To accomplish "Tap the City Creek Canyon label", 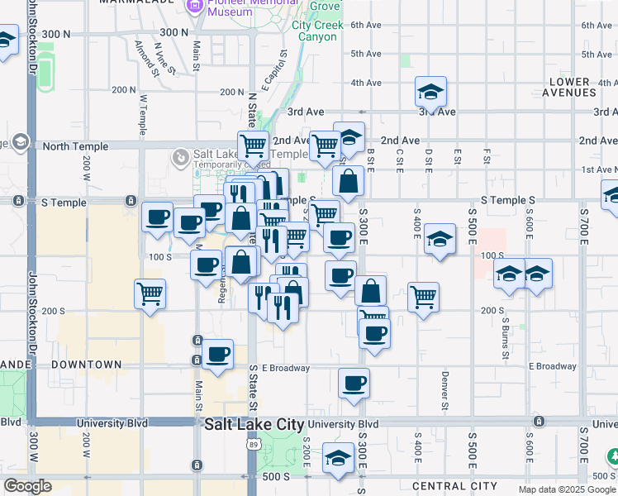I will point(315,31).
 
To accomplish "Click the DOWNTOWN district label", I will point(86,365).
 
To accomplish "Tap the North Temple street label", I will point(75,146).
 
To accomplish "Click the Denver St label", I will point(444,390).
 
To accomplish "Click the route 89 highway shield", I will point(250,444).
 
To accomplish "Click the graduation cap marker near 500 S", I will point(338,457).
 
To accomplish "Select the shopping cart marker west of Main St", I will point(150,293).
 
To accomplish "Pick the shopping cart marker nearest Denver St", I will point(423,296).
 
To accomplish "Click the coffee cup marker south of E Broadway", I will point(354,383).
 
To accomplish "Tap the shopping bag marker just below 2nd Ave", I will point(349,181).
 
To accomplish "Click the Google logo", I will point(28,487).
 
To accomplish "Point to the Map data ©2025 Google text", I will point(566,489).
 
